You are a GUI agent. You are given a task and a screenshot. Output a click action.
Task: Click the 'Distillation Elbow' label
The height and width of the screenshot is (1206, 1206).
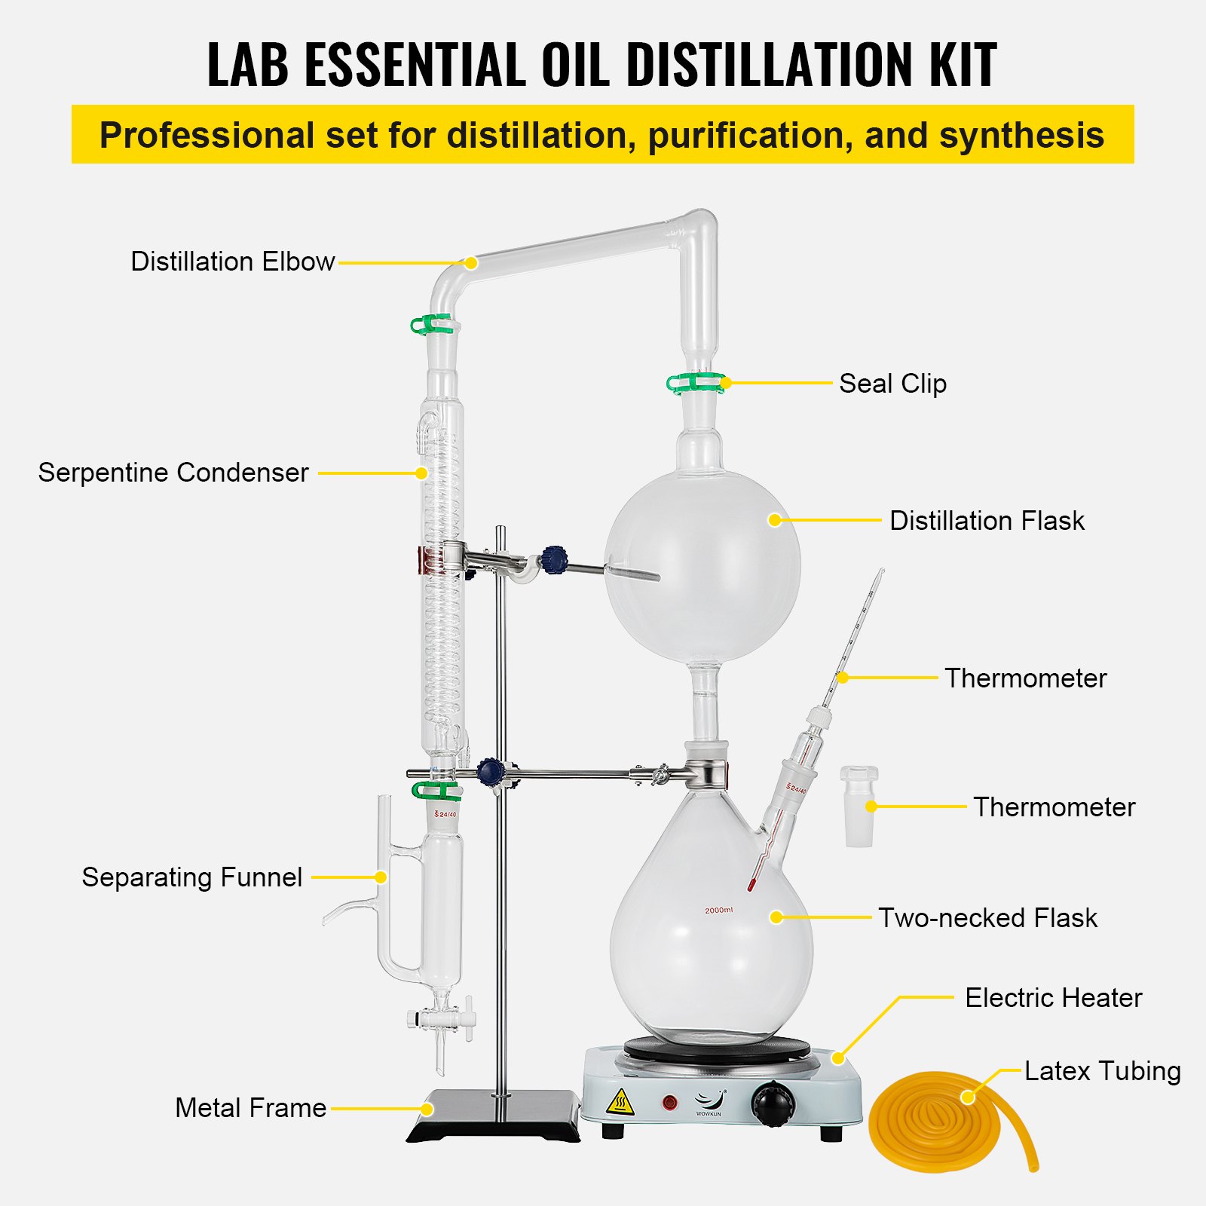232,262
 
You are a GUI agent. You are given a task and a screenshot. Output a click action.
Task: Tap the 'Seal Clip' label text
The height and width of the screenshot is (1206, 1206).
892,384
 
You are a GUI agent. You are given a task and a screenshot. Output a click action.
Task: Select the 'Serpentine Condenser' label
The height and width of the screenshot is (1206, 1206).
173,473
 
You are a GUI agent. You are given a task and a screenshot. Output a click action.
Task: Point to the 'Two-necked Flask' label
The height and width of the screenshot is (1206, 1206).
987,918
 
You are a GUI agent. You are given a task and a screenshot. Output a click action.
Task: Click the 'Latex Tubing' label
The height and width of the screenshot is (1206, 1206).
1102,1071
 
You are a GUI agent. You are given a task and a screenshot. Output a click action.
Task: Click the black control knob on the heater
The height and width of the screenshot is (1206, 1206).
773,1104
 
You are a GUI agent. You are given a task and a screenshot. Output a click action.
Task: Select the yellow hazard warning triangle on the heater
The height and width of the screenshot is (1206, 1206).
620,1103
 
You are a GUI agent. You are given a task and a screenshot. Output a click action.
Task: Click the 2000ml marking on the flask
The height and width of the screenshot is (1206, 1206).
718,911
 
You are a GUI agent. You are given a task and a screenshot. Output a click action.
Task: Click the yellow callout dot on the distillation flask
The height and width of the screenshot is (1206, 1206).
775,520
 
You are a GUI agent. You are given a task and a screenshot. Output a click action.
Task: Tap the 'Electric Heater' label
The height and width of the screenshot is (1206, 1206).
1053,998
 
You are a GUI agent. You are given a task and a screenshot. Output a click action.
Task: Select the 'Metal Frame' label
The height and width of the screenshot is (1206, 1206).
250,1108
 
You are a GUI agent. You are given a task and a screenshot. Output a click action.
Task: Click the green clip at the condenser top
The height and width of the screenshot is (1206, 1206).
434,325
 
